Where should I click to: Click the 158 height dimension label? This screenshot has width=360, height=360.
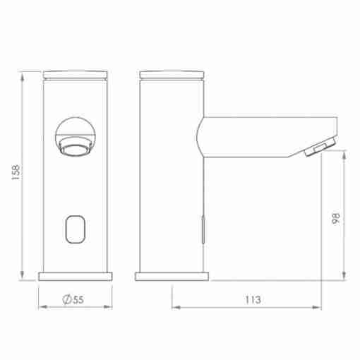pyautogui.click(x=16, y=172)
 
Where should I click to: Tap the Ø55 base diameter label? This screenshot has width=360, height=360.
pyautogui.click(x=73, y=299)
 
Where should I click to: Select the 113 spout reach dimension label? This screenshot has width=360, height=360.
pyautogui.click(x=253, y=299)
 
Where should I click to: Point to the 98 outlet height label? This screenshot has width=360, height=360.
pyautogui.click(x=336, y=219)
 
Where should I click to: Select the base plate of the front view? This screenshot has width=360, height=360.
pyautogui.click(x=76, y=277)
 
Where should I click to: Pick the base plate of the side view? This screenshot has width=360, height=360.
pyautogui.click(x=172, y=277)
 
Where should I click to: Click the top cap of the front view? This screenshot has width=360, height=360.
pyautogui.click(x=76, y=75)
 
